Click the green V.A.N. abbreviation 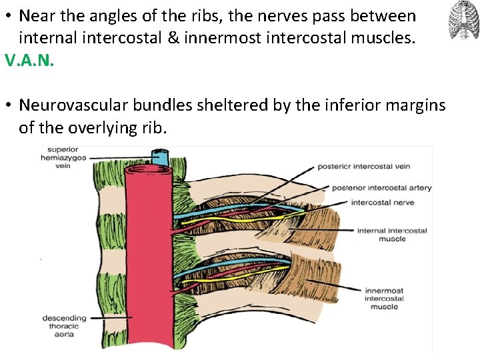pos(29,61)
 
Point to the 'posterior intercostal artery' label pos(381,187)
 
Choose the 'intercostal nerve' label pos(382,203)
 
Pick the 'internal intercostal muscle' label pos(392,235)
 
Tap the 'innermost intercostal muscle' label pos(383,298)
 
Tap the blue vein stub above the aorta pos(160,158)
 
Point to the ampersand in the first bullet pos(173,39)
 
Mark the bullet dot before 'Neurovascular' pos(9,105)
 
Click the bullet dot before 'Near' pos(9,16)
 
